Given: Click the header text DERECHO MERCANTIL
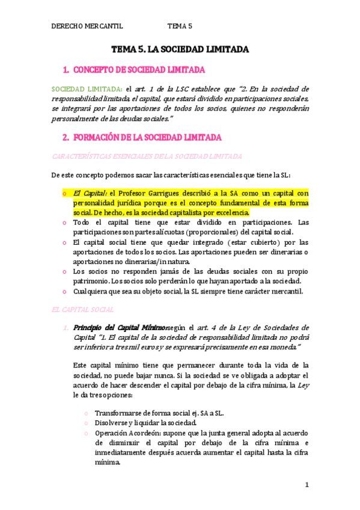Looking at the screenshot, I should (x=87, y=26).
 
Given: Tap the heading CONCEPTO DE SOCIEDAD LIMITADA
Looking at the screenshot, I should (x=138, y=69).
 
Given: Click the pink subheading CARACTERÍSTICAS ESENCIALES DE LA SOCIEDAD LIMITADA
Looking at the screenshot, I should (x=147, y=156).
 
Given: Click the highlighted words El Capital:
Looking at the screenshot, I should (x=90, y=193).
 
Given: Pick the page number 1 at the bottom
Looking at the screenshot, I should (x=307, y=485).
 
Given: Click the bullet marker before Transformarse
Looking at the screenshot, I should (x=87, y=413).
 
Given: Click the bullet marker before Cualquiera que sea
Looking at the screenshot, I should (x=64, y=292).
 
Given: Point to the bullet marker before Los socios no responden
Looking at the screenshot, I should (x=64, y=272).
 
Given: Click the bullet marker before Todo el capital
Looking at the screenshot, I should (x=64, y=223).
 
